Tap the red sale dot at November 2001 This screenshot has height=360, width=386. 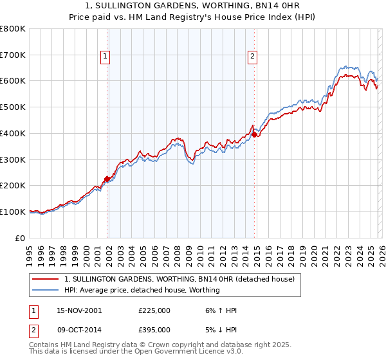coord(107,179)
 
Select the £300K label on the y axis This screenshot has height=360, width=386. coord(14,159)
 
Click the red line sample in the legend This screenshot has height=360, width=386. coord(46,279)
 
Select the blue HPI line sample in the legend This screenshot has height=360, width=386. coord(46,290)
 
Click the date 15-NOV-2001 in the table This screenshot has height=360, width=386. coord(79,310)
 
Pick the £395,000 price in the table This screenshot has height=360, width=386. coord(154,330)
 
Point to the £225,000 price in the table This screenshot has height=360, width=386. coord(154,310)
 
